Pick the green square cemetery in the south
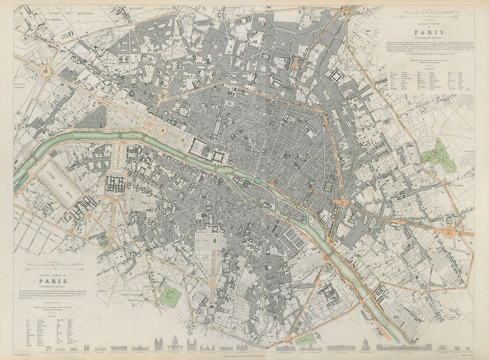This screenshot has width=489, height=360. [170, 293]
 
